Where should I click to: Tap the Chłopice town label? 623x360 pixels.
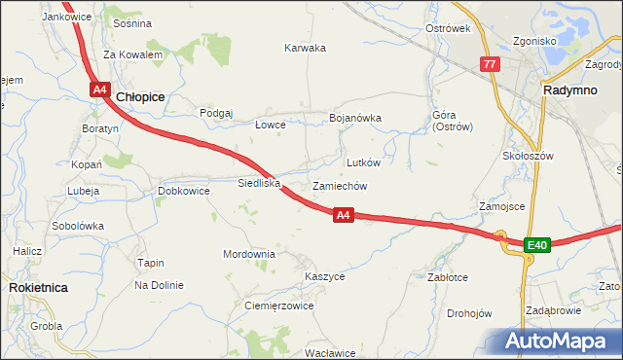[140, 97]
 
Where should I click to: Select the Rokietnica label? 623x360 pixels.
[36, 288]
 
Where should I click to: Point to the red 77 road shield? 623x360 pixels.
[490, 64]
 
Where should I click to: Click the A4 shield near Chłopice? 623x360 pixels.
[100, 90]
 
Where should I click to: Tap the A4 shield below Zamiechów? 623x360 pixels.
[342, 215]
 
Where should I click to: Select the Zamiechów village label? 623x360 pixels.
[339, 186]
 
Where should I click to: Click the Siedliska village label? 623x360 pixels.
[259, 182]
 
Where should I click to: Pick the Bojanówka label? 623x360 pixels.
[355, 118]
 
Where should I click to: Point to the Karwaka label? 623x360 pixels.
[305, 48]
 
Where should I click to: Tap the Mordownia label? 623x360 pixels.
[249, 254]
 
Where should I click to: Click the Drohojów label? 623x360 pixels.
[469, 313]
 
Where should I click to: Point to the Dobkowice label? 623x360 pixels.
[184, 191]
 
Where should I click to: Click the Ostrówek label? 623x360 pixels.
[448, 28]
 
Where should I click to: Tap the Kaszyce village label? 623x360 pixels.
[324, 276]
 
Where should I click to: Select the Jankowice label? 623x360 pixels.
[67, 18]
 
